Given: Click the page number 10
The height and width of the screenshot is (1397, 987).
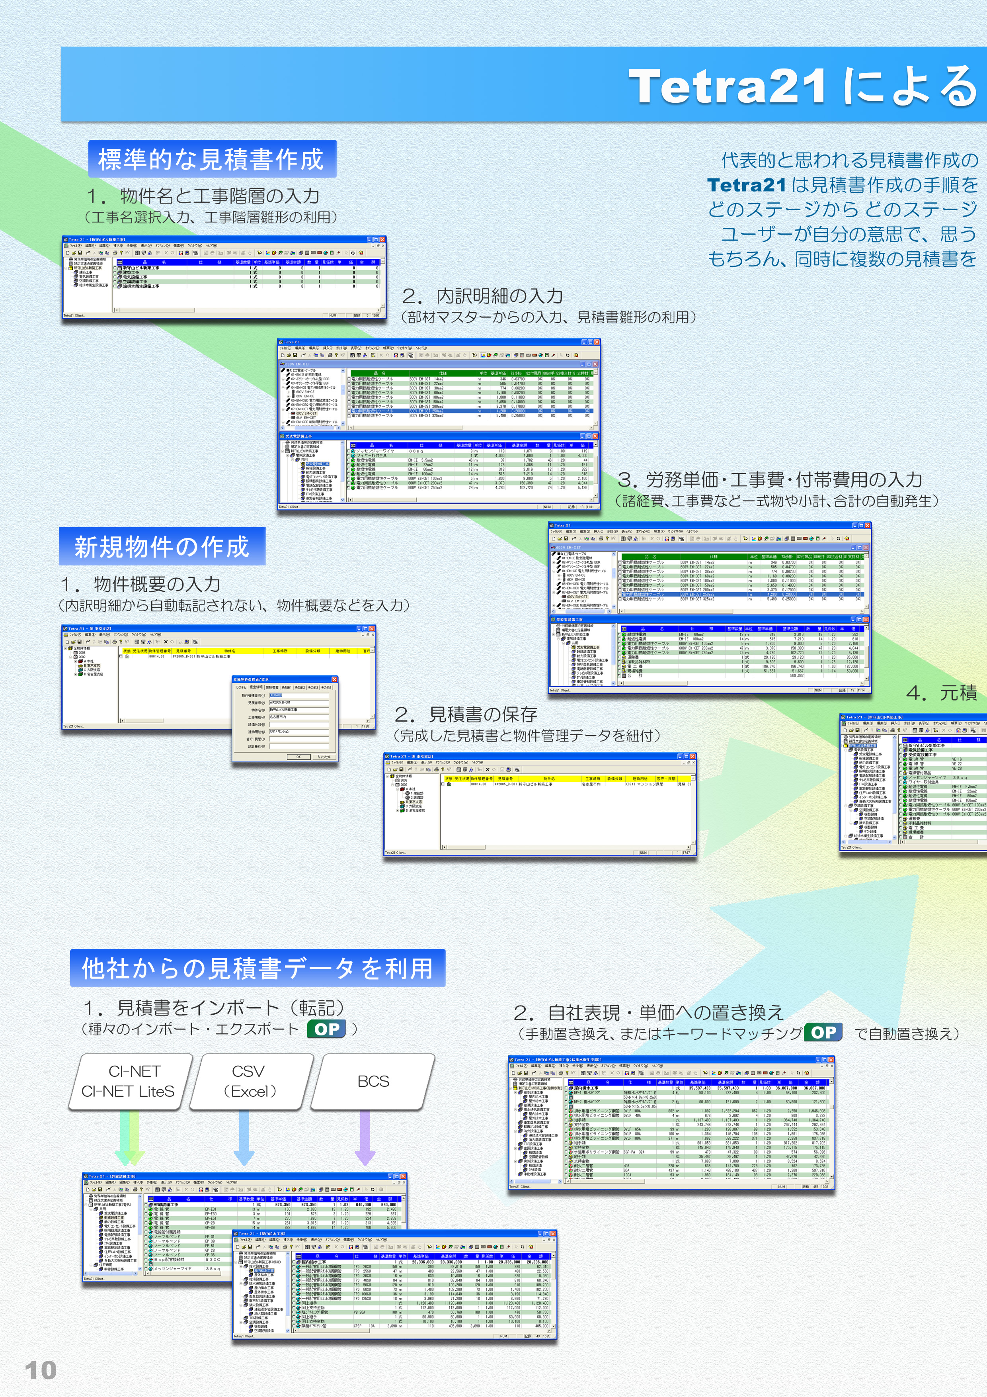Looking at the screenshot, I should click(40, 1370).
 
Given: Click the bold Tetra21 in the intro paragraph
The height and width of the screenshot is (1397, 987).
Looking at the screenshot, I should click(746, 185).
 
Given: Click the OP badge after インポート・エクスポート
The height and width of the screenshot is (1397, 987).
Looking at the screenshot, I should click(327, 1029).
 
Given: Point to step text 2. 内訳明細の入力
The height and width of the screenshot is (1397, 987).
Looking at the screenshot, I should click(482, 296).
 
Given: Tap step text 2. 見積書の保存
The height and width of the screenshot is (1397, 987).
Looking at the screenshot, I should click(466, 714).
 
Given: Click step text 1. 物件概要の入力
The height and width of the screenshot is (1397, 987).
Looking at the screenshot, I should click(140, 585).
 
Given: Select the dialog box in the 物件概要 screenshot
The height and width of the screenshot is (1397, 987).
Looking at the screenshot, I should click(285, 718).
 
